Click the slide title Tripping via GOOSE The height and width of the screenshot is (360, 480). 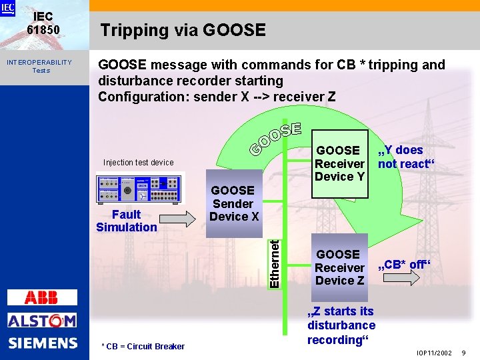click(182, 30)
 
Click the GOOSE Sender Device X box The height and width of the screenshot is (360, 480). click(233, 203)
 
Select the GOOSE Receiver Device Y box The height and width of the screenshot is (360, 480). click(339, 163)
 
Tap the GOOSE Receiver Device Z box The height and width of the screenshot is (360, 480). click(339, 267)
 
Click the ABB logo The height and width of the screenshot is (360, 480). click(41, 297)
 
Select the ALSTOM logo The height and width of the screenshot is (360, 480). click(42, 321)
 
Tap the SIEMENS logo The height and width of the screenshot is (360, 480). click(43, 343)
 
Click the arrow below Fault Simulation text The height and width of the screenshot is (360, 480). click(176, 219)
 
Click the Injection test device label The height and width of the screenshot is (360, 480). click(138, 163)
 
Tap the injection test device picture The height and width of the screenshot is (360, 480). click(139, 188)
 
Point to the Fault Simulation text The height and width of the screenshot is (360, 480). click(126, 221)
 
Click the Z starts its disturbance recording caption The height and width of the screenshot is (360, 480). click(341, 325)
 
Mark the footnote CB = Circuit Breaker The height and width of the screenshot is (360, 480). click(143, 346)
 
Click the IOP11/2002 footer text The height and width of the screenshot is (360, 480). click(433, 353)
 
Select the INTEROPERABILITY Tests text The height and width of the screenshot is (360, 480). click(39, 66)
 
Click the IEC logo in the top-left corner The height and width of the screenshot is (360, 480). click(8, 8)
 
